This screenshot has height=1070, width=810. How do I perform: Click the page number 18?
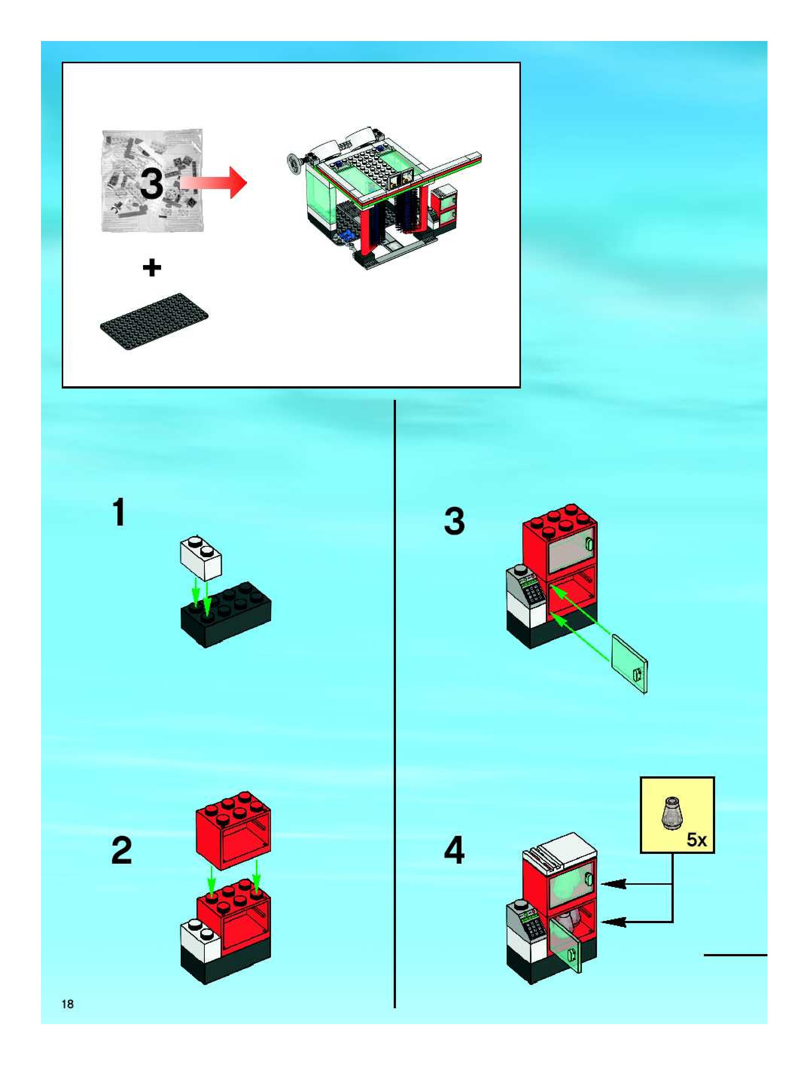pyautogui.click(x=68, y=1004)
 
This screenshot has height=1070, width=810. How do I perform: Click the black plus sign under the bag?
pyautogui.click(x=152, y=267)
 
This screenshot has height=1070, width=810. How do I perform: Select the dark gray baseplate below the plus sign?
pyautogui.click(x=155, y=321)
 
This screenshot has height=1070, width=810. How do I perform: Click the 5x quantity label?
pyautogui.click(x=696, y=840)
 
